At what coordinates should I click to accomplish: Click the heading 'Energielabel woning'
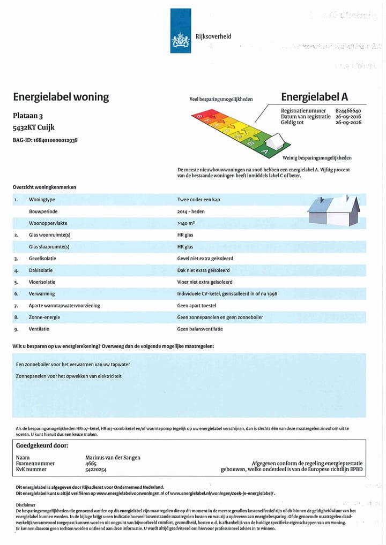[x=61, y=97]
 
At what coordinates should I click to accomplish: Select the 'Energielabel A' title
[x=314, y=97]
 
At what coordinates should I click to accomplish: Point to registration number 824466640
[x=348, y=111]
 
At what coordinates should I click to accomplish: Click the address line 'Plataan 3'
[x=27, y=116]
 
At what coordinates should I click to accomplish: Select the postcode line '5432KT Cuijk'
[x=34, y=127]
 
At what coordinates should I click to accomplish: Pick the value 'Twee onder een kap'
[x=198, y=200]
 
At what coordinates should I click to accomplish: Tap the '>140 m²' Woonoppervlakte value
[x=186, y=223]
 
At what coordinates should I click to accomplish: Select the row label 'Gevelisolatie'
[x=42, y=259]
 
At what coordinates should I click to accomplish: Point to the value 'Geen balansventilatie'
[x=200, y=329]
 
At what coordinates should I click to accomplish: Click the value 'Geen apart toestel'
[x=197, y=306]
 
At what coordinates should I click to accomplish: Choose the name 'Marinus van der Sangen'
[x=113, y=458]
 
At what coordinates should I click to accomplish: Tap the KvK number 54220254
[x=96, y=470]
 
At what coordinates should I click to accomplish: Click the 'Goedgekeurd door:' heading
[x=42, y=445]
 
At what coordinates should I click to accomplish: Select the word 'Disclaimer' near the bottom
[x=26, y=505]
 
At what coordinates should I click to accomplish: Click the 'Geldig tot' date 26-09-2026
[x=348, y=123]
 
